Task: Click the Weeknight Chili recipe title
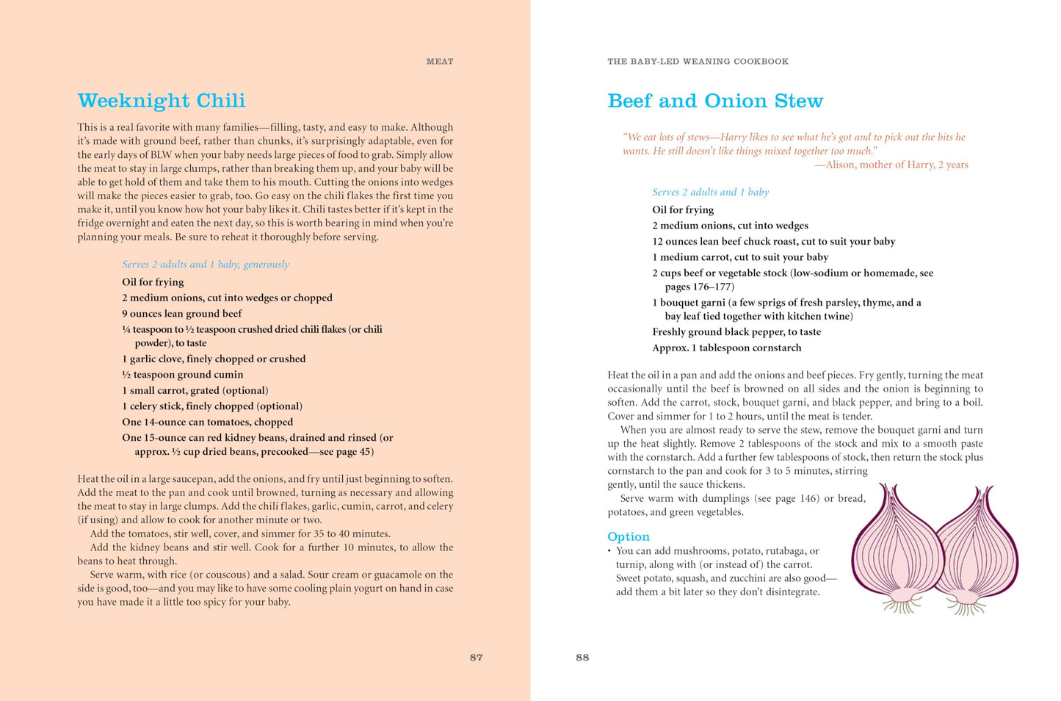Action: click(162, 101)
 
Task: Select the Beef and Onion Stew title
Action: click(714, 101)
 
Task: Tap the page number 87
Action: click(476, 658)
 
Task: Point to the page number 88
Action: click(582, 658)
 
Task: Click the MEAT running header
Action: click(440, 62)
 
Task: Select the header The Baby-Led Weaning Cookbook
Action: click(698, 62)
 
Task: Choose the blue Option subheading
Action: click(628, 536)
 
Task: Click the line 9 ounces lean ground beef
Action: click(182, 314)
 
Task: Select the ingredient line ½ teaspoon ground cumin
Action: click(183, 375)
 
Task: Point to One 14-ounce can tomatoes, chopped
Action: click(207, 423)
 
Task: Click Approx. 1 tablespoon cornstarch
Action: click(726, 348)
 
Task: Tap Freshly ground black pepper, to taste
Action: click(736, 332)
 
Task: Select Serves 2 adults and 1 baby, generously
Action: click(206, 265)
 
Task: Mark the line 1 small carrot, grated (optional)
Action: click(195, 391)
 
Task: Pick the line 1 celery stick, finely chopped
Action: click(212, 406)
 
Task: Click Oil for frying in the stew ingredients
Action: click(683, 210)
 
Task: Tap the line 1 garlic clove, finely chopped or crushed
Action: click(214, 359)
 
